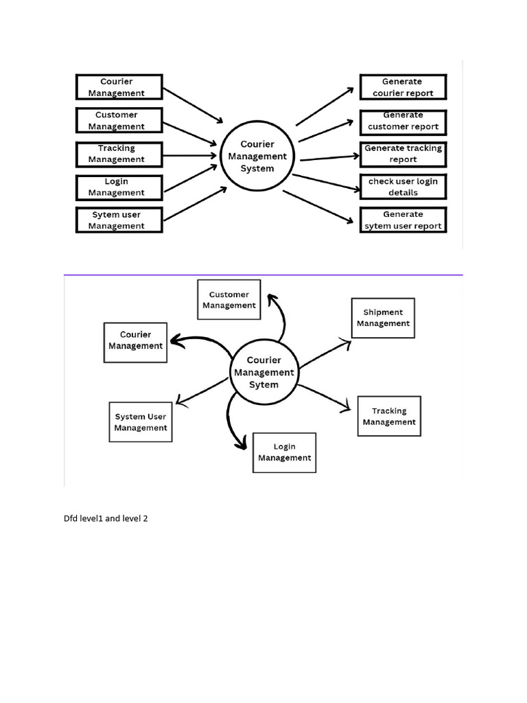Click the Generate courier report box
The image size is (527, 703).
pos(403,87)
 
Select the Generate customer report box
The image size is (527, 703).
pos(403,121)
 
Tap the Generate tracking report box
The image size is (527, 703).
pos(403,154)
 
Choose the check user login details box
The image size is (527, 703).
pos(403,187)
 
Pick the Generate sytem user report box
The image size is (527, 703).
pos(403,220)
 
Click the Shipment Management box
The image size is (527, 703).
pos(383,318)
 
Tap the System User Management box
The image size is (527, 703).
pos(141,422)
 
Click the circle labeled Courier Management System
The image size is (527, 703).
pos(257,157)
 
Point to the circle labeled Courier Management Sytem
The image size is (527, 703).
pos(264,373)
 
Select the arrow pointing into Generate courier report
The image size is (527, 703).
pos(328,106)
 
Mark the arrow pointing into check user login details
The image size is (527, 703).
pos(326,183)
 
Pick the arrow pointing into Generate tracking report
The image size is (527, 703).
pos(329,157)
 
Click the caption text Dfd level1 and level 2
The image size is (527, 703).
pos(106,519)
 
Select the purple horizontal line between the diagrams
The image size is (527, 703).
pos(263,275)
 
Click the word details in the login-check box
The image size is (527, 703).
pos(403,193)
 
